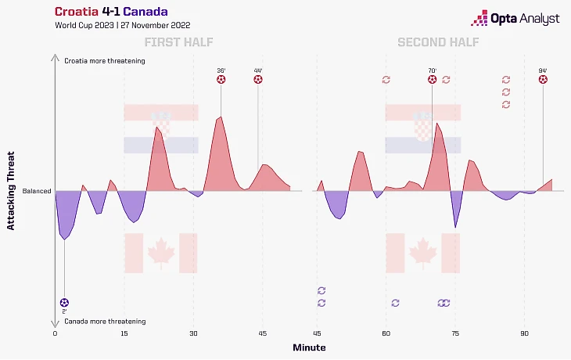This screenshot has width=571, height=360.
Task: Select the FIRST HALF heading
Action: (x=178, y=42)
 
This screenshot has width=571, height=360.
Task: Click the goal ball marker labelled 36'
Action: (x=221, y=79)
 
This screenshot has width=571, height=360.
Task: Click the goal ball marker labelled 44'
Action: (x=258, y=79)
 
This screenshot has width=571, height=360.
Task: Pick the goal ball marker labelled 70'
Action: (x=432, y=79)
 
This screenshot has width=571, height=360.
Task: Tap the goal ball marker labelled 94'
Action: (x=543, y=79)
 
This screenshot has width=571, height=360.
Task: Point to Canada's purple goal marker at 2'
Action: (x=64, y=302)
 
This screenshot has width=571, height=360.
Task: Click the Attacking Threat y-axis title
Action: (x=11, y=191)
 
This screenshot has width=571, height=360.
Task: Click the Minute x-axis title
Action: (x=309, y=347)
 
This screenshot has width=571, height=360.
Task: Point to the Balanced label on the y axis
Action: (x=36, y=191)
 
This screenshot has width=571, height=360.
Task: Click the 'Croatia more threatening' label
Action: (x=105, y=60)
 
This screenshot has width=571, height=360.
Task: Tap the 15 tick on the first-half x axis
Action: (x=124, y=333)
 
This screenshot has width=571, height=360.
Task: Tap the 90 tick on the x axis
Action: (x=525, y=333)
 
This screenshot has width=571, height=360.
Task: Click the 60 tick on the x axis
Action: (x=386, y=333)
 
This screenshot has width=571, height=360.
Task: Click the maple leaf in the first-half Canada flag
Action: (x=160, y=252)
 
